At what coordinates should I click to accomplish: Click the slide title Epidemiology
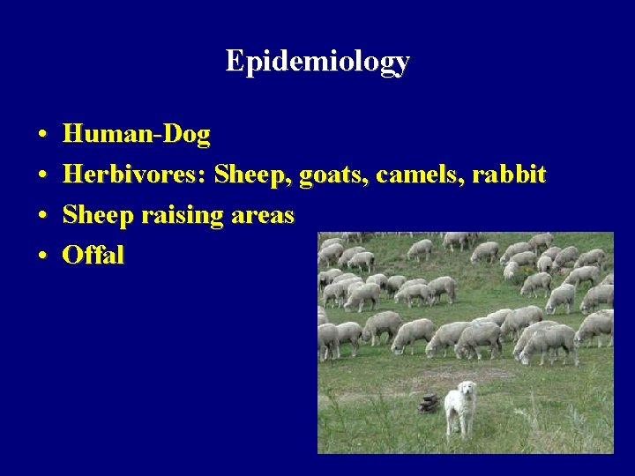(x=317, y=61)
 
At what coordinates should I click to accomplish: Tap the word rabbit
(x=509, y=175)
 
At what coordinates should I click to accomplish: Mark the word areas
(x=260, y=216)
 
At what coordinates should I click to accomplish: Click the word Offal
(x=93, y=256)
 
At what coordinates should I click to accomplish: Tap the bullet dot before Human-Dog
(x=42, y=136)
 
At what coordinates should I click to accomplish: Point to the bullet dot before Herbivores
(x=42, y=175)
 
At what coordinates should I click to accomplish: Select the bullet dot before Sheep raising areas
(x=42, y=216)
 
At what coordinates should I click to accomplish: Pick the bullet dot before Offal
(x=42, y=257)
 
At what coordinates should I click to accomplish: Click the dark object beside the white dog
(x=430, y=403)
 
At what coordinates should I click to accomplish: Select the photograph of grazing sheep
(x=465, y=343)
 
